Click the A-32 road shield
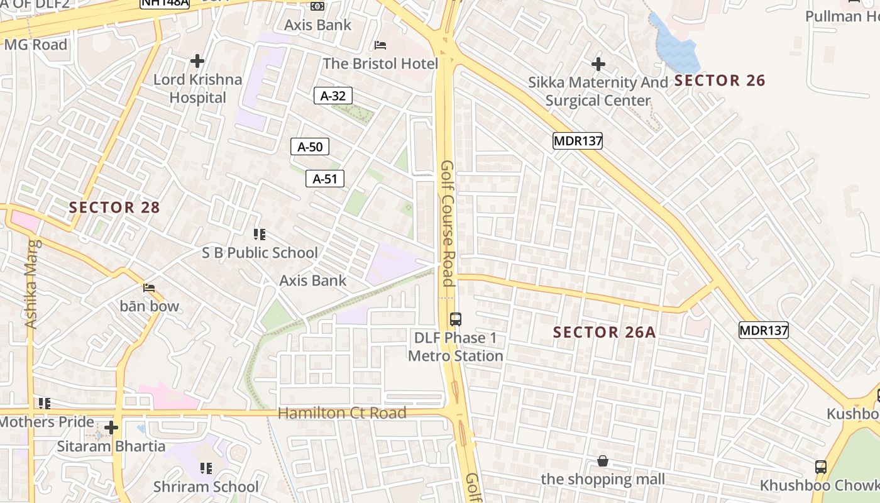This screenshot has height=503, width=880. pyautogui.click(x=333, y=96)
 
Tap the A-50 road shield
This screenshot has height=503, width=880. pyautogui.click(x=309, y=147)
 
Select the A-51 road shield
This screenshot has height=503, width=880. pyautogui.click(x=325, y=179)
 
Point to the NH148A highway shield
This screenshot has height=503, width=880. pyautogui.click(x=164, y=3)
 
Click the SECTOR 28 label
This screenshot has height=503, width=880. pyautogui.click(x=114, y=207)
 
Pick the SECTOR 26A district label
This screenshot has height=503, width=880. pyautogui.click(x=604, y=333)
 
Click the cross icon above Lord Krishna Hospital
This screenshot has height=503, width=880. pyautogui.click(x=197, y=61)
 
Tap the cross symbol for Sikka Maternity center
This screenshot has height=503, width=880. pyautogui.click(x=598, y=64)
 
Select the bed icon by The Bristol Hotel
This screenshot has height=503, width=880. pyautogui.click(x=380, y=45)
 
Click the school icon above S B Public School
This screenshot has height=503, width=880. pyautogui.click(x=259, y=235)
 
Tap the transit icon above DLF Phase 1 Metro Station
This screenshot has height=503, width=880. pyautogui.click(x=455, y=319)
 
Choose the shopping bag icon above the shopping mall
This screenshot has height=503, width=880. pyautogui.click(x=602, y=462)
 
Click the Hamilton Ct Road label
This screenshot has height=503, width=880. pyautogui.click(x=342, y=413)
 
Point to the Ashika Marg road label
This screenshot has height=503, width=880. pyautogui.click(x=31, y=284)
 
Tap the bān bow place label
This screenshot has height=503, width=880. pyautogui.click(x=150, y=306)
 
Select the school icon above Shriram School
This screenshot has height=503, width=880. pyautogui.click(x=206, y=468)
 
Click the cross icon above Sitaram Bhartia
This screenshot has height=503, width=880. pyautogui.click(x=111, y=428)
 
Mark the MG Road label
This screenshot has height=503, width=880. pyautogui.click(x=35, y=45)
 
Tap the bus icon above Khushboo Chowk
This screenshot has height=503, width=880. pyautogui.click(x=820, y=467)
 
